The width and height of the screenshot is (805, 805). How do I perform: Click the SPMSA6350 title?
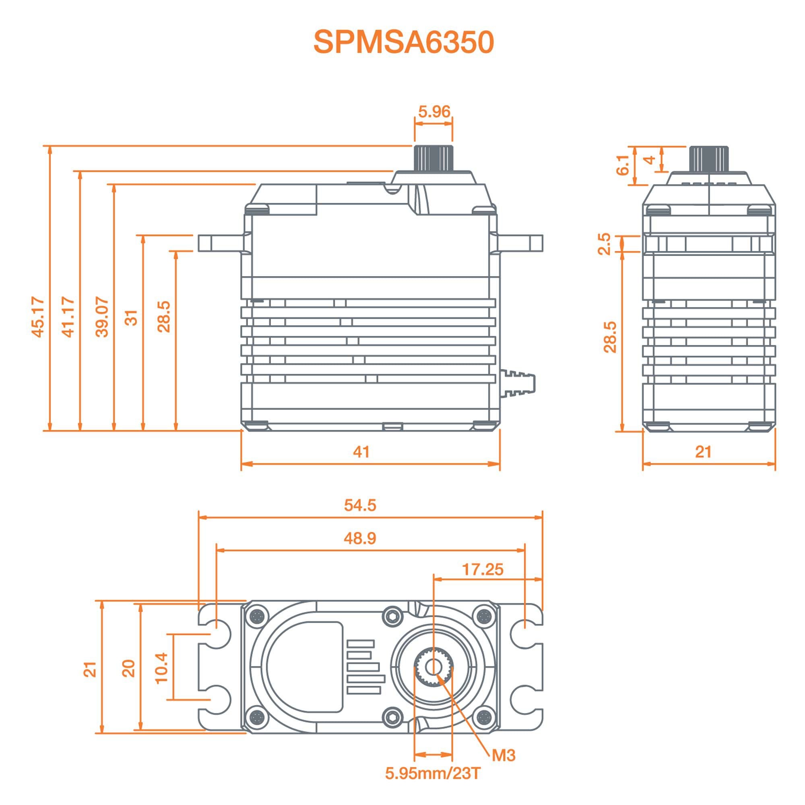point(403,42)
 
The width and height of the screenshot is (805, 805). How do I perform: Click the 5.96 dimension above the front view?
point(434,111)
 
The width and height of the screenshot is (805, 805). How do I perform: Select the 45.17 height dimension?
point(38,317)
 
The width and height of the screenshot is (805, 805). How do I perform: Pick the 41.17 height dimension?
point(68,317)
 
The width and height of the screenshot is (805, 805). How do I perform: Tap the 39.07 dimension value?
point(102,317)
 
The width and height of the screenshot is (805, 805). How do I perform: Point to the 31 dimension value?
point(132,318)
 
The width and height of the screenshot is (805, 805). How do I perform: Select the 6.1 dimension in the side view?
point(623,165)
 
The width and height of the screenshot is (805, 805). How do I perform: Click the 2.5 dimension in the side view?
point(604,244)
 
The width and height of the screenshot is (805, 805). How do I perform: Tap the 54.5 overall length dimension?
point(360,505)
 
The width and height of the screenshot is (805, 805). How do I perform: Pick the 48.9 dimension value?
point(360,538)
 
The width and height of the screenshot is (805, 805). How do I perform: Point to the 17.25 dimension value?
point(483,569)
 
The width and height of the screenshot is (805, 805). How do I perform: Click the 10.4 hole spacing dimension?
point(161,667)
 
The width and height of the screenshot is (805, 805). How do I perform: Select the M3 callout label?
point(504,755)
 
